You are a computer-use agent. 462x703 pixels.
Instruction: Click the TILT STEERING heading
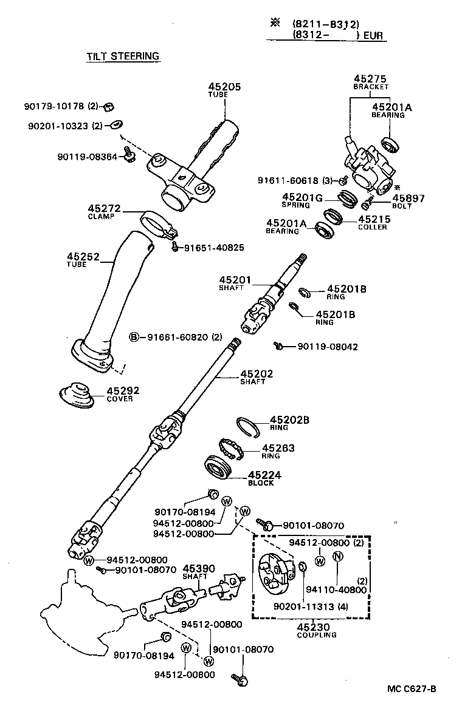122,56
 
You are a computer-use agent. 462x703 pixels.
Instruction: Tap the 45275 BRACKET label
370,82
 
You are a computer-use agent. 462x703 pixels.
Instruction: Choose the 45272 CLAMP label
104,211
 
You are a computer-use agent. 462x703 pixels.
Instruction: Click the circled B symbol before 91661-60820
134,337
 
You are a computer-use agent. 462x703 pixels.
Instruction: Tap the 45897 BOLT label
408,201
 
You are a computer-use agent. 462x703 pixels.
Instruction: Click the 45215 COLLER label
373,223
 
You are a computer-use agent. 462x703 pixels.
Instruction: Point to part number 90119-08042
328,347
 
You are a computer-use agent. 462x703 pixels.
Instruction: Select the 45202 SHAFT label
256,377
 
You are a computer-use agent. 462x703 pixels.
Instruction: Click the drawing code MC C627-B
412,688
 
